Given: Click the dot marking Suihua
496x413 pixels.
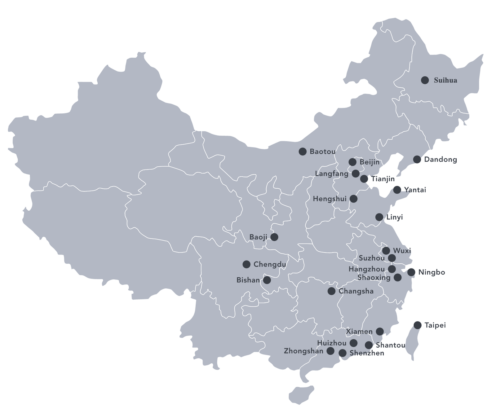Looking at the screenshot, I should [x=425, y=80].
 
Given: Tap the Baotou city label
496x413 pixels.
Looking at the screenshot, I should [x=322, y=152].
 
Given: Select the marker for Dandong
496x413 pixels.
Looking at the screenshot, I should [x=417, y=160].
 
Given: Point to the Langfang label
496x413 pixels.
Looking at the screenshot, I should [x=331, y=174].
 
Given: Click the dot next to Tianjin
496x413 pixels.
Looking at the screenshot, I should [x=364, y=179].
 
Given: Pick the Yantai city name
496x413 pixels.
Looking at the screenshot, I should [x=415, y=190].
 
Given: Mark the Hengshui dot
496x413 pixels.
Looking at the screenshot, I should [x=353, y=199].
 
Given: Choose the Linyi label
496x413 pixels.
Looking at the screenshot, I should [x=394, y=217].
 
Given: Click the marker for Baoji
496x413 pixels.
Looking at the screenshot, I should [x=274, y=237].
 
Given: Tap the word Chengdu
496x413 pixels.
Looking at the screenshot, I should [x=269, y=265].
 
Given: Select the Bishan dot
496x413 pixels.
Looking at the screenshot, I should [x=267, y=280].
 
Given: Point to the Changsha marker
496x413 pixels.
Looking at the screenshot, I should [x=331, y=291].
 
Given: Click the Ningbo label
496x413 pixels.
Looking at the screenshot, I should [x=432, y=272].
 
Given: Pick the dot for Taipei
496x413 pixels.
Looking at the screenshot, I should [x=418, y=325].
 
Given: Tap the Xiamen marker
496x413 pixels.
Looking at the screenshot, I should [x=379, y=332].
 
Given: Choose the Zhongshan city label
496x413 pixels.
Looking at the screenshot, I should [x=303, y=351].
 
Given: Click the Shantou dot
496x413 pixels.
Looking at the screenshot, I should [x=369, y=345].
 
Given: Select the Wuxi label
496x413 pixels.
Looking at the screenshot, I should [x=402, y=251].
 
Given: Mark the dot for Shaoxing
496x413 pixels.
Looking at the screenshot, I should [x=397, y=278].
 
